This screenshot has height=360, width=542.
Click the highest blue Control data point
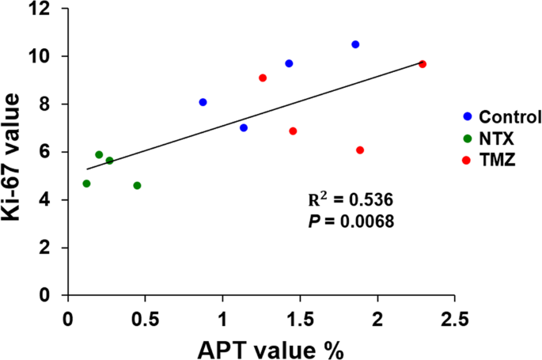pyautogui.click(x=355, y=44)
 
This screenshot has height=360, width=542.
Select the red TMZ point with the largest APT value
pyautogui.click(x=423, y=64)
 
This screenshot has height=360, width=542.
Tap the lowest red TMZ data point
pyautogui.click(x=360, y=150)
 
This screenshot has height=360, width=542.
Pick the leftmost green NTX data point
pyautogui.click(x=86, y=184)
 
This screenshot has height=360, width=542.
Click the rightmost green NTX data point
pyautogui.click(x=137, y=185)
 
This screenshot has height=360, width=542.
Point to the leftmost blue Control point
pyautogui.click(x=203, y=102)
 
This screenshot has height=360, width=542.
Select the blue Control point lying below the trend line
pyautogui.click(x=244, y=127)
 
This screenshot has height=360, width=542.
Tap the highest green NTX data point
pyautogui.click(x=99, y=155)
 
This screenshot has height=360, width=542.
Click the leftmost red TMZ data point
pyautogui.click(x=263, y=78)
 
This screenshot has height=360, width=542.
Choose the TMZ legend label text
pyautogui.click(x=497, y=161)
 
